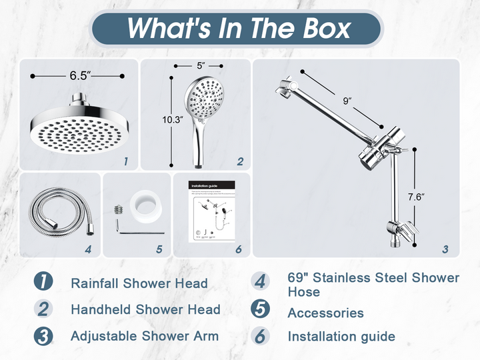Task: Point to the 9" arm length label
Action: point(346,101)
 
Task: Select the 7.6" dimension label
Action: point(415,197)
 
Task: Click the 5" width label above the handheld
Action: point(200,66)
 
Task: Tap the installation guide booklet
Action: point(211,215)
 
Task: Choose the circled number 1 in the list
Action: point(43,282)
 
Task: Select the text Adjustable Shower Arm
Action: point(145,336)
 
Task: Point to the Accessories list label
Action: point(325,313)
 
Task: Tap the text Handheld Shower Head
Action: point(145,309)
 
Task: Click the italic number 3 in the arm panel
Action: point(445,250)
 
